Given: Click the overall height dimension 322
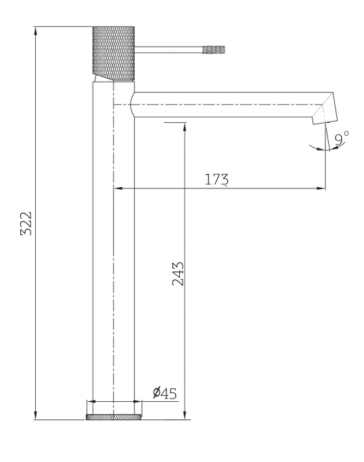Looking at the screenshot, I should (26, 223).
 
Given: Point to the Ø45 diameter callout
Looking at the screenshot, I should (164, 392).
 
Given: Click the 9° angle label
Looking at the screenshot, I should (342, 138).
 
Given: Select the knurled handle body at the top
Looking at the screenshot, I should (114, 51).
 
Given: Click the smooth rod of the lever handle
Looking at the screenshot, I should (169, 49).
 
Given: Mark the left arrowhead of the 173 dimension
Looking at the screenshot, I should (117, 188).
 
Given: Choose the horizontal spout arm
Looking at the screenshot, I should (223, 105).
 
